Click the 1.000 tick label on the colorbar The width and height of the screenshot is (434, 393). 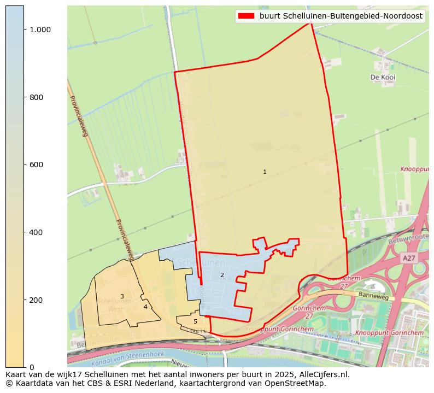point(40,30)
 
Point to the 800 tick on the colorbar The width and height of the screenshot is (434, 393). point(36,97)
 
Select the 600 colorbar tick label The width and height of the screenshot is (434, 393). point(36,165)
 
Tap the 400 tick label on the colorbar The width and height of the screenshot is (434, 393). point(36,232)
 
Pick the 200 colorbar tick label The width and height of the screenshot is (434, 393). point(36,300)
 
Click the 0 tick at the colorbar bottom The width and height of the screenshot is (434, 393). point(31,367)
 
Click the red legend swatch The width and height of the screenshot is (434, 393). point(247,16)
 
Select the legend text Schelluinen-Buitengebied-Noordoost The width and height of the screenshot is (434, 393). point(341,16)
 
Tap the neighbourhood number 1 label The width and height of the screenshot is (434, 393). point(265,172)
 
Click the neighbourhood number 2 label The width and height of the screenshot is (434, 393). point(222,275)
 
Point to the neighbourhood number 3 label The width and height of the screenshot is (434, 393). point(122,296)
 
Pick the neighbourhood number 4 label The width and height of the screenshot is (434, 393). point(145,307)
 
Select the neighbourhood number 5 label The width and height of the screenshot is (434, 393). point(195,321)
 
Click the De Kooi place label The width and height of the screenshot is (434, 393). point(383,78)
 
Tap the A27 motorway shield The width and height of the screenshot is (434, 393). point(409,258)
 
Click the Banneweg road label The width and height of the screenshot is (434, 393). point(373,296)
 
